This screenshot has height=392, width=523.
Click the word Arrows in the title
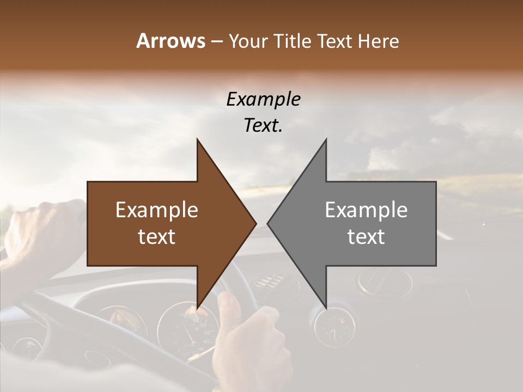171,41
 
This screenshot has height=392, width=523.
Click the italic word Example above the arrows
263,100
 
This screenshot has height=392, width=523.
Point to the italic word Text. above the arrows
263,125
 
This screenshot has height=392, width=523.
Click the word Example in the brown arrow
156,210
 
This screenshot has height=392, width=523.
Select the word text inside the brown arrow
156,237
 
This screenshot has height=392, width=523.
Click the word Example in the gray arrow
366,210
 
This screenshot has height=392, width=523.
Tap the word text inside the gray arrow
366,237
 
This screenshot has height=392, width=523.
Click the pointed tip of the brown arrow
256,223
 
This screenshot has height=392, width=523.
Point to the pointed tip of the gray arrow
268,223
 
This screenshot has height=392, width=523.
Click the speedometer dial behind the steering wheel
188,329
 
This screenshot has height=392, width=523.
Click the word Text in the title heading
335,41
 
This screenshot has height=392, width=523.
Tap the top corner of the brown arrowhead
197,139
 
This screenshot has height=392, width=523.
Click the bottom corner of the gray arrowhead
326,307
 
